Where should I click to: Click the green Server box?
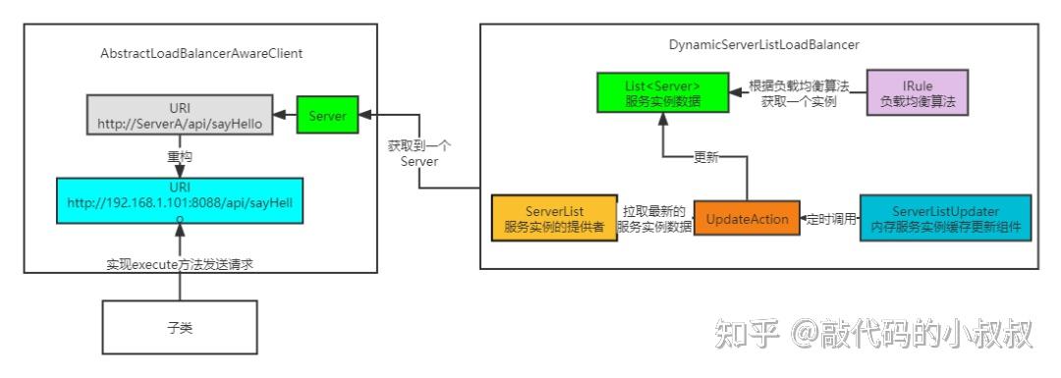pyautogui.click(x=327, y=116)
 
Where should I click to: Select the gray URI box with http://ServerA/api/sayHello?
pyautogui.click(x=179, y=115)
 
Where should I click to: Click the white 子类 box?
pyautogui.click(x=180, y=327)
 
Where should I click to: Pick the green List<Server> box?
pyautogui.click(x=662, y=91)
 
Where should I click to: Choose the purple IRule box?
pyautogui.click(x=917, y=93)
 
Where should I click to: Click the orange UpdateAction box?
pyautogui.click(x=747, y=219)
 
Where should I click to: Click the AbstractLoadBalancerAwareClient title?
pyautogui.click(x=201, y=53)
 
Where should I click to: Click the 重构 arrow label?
pyautogui.click(x=179, y=156)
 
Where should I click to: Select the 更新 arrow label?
pyautogui.click(x=705, y=156)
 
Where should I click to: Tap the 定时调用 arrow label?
pyautogui.click(x=829, y=219)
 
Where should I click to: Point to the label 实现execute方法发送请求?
pyautogui.click(x=180, y=264)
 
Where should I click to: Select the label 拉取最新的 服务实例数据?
pyautogui.click(x=653, y=219)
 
